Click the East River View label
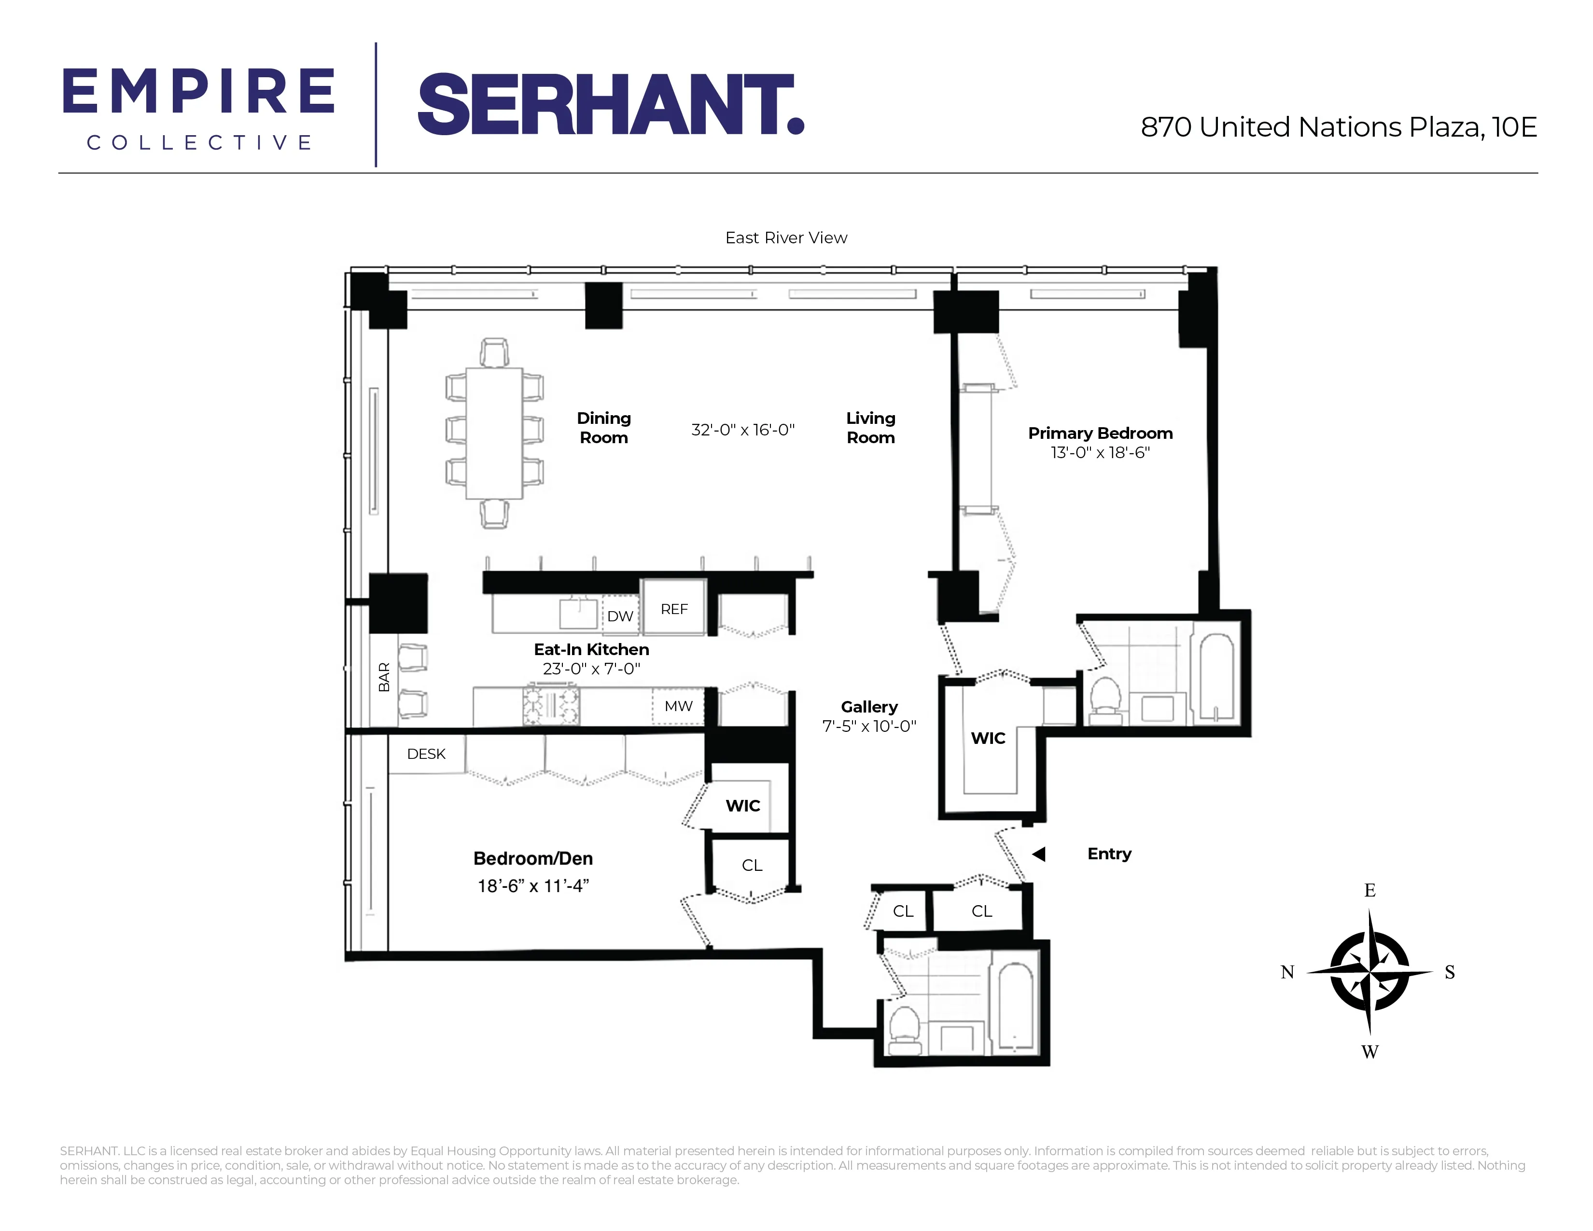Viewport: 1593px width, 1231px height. click(785, 238)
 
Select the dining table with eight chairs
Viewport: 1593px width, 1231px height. click(494, 433)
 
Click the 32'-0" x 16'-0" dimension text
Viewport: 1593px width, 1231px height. click(742, 430)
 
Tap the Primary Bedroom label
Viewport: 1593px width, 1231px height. click(1100, 433)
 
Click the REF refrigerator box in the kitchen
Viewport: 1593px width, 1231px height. click(674, 609)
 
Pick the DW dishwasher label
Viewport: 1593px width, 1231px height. click(620, 616)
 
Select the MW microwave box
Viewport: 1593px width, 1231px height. click(678, 706)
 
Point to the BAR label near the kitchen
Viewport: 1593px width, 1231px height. click(384, 677)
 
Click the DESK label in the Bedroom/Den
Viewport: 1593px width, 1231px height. click(426, 754)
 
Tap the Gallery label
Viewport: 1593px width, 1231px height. click(869, 707)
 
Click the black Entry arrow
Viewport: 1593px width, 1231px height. click(1039, 854)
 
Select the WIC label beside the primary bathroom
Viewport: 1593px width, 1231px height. click(988, 738)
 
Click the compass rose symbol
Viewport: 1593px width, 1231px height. click(1369, 972)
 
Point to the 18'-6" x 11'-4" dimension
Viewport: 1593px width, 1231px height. click(533, 886)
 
